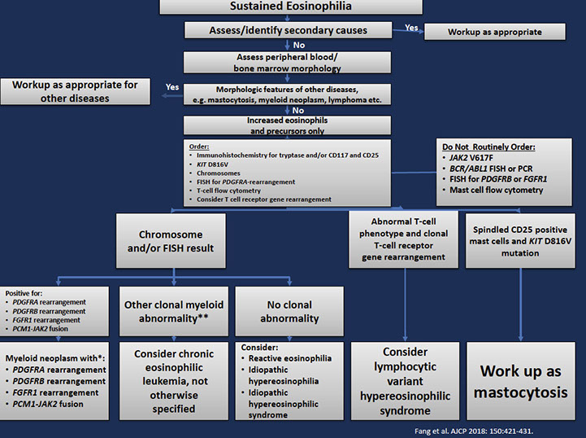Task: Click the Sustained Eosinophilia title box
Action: pyautogui.click(x=291, y=7)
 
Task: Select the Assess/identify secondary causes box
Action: pyautogui.click(x=290, y=30)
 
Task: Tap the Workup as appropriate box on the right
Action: pyautogui.click(x=494, y=33)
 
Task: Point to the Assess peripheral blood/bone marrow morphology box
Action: pyautogui.click(x=290, y=63)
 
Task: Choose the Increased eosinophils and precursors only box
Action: pyautogui.click(x=290, y=125)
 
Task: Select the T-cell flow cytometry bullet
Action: pyautogui.click(x=230, y=191)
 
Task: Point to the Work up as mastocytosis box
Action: pyautogui.click(x=521, y=381)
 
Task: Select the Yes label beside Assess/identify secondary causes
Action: pyautogui.click(x=411, y=27)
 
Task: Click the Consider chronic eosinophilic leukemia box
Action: pyautogui.click(x=173, y=381)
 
